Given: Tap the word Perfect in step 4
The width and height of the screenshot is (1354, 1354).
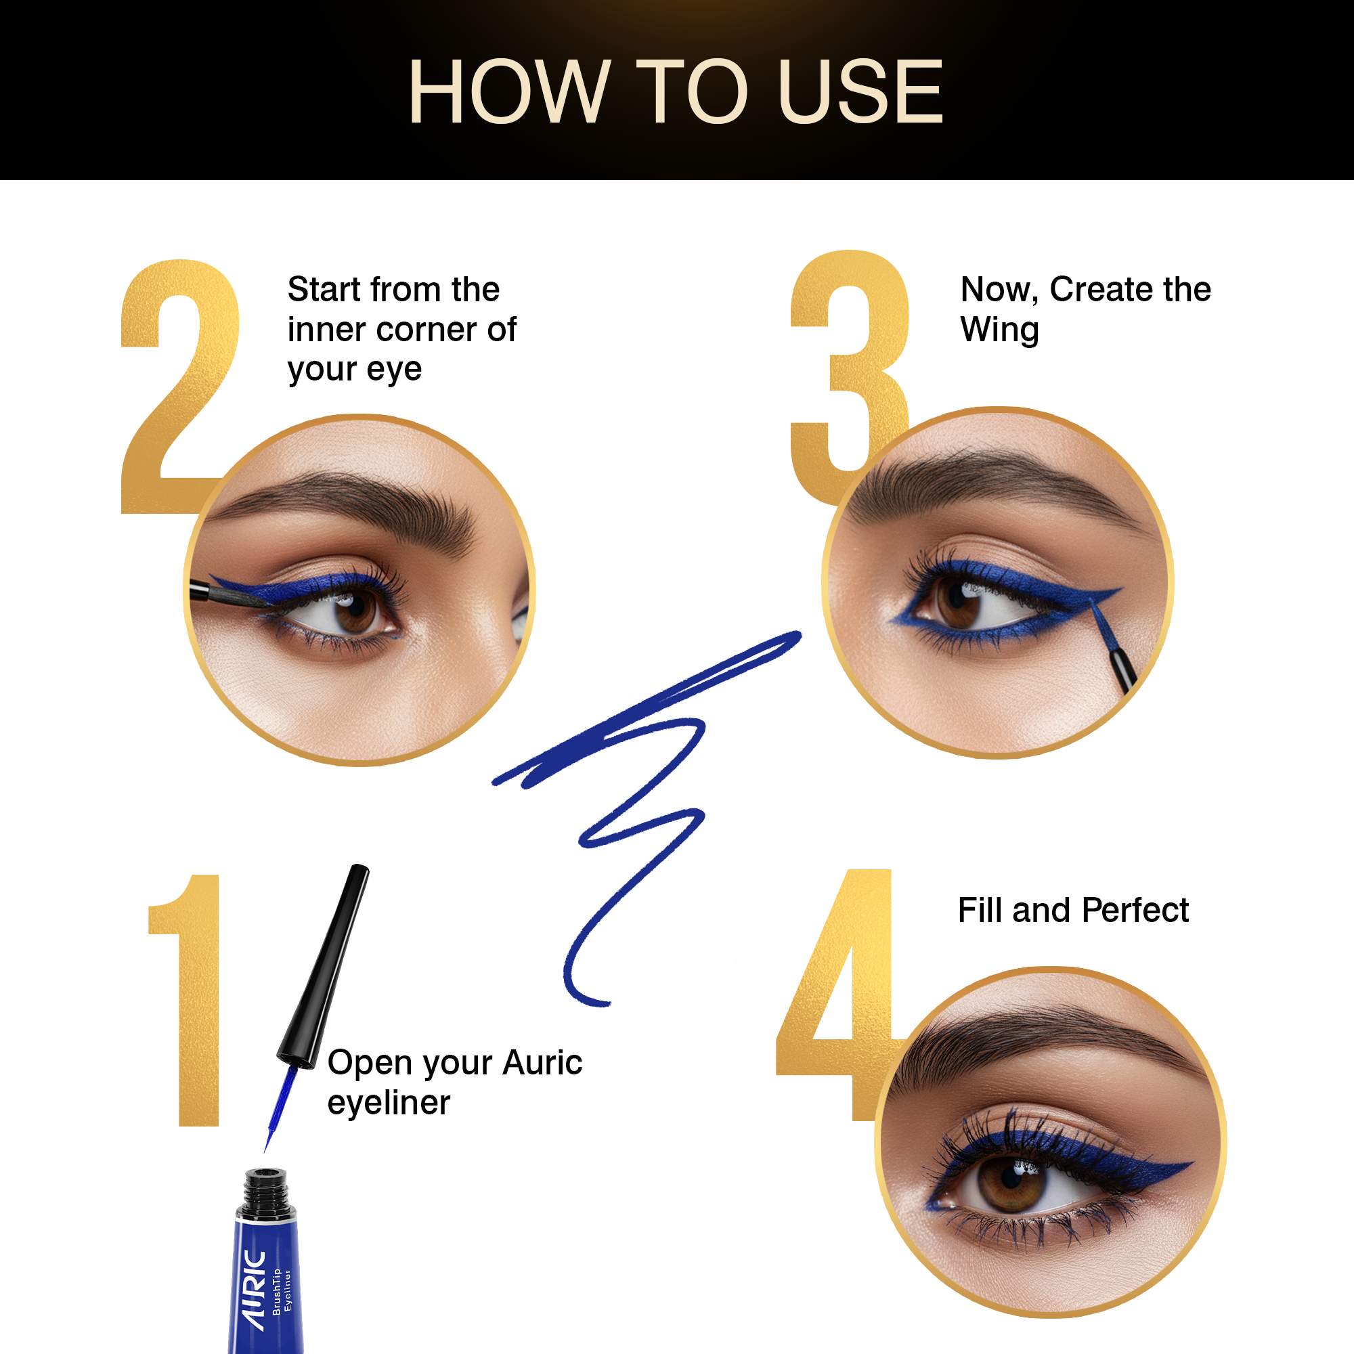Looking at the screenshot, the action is point(1135,911).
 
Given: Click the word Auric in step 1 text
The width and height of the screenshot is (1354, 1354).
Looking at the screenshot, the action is point(542,1063).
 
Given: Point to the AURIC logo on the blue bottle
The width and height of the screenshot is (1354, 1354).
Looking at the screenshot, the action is point(254,1290).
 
